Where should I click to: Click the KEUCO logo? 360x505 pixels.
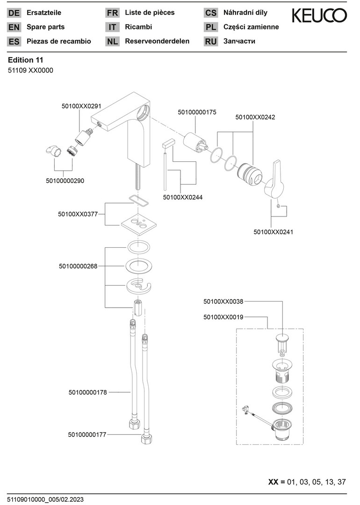point(319,16)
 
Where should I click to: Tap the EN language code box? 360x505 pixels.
point(14,27)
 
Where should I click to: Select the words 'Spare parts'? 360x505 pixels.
point(46,27)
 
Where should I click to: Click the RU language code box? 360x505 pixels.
point(211,41)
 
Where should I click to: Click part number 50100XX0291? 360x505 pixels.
point(81,106)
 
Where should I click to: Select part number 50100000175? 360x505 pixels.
point(197,112)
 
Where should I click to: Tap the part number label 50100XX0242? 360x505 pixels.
point(255,117)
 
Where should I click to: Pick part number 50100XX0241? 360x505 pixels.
point(274,231)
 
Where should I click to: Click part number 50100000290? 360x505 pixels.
point(65,180)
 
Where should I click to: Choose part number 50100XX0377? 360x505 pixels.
point(78,214)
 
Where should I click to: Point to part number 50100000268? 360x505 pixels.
point(78,266)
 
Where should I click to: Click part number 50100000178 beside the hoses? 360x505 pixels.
point(87,392)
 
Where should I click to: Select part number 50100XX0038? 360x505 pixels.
point(223,302)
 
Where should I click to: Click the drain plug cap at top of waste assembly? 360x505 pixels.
point(282,338)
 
